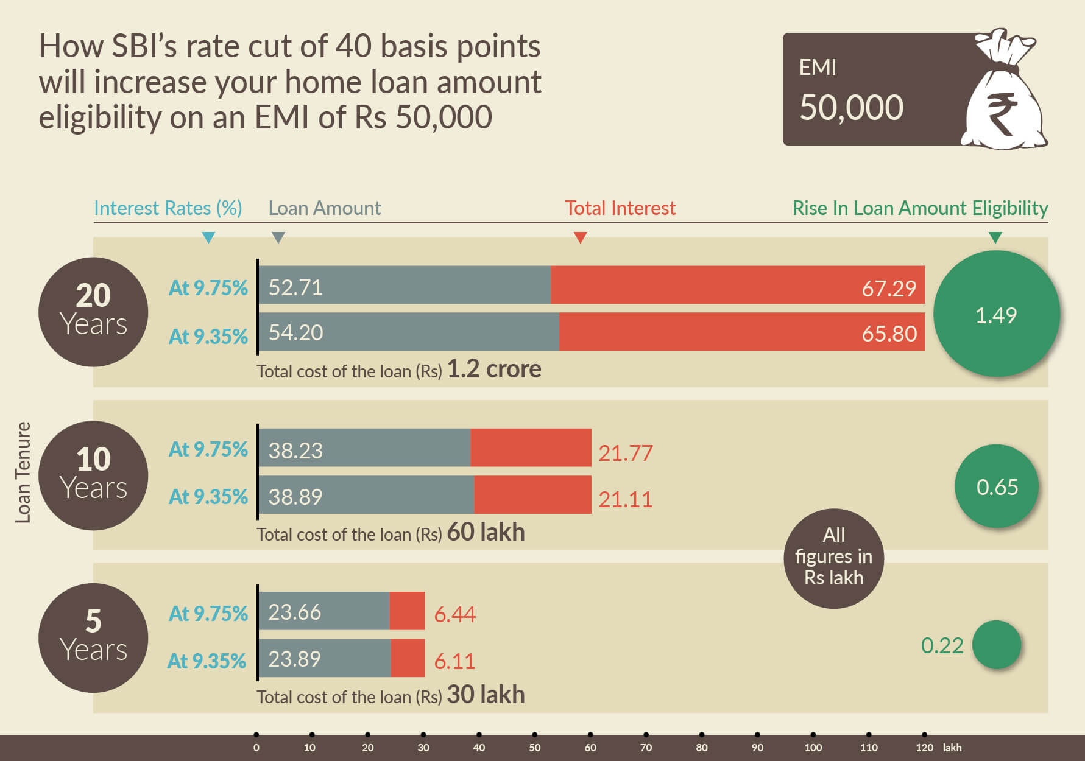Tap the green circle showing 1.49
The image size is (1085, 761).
996,314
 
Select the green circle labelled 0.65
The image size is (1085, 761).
997,486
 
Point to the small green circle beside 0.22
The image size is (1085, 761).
997,645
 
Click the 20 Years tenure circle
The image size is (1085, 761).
93,312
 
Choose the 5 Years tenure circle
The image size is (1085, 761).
93,637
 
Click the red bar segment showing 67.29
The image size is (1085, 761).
737,285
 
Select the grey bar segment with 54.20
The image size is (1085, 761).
408,332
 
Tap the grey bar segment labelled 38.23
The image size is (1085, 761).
364,448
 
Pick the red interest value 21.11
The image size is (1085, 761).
625,500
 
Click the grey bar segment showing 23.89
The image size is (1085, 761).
324,658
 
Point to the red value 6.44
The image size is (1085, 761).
454,614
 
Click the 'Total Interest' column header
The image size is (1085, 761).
620,208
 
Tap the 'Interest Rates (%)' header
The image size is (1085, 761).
168,208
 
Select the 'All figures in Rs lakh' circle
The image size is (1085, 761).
833,557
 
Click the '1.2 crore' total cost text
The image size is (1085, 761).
494,369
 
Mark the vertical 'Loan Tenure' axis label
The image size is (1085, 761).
23,472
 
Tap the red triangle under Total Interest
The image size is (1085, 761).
580,237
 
